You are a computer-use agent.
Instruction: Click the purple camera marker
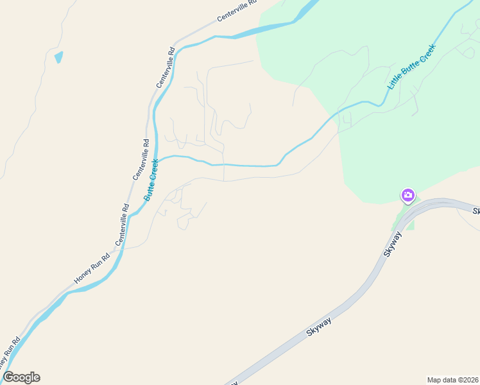click(407, 195)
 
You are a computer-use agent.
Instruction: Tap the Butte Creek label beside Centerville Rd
click(151, 180)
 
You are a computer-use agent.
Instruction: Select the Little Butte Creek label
click(411, 67)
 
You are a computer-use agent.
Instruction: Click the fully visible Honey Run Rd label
click(92, 267)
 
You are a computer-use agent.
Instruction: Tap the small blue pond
click(59, 57)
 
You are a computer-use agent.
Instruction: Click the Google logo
click(21, 377)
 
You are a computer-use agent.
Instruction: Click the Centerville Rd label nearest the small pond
click(166, 67)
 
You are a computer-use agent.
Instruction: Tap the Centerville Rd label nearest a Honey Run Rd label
click(123, 225)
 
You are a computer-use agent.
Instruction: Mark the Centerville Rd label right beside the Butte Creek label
click(141, 159)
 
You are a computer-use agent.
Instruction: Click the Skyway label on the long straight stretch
click(319, 325)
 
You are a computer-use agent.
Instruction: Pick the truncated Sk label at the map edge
click(476, 211)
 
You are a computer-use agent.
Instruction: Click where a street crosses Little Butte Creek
click(223, 165)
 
